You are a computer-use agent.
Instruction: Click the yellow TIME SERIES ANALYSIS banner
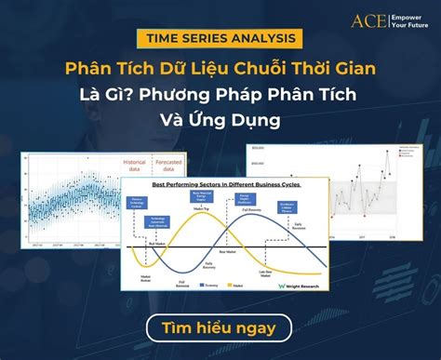(x=220, y=39)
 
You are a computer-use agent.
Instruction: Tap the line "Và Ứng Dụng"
(x=220, y=121)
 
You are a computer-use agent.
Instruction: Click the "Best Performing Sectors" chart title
(x=229, y=186)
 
